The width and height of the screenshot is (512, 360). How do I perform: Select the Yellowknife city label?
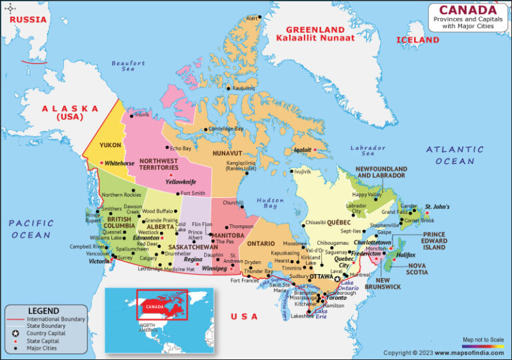(x=181, y=181)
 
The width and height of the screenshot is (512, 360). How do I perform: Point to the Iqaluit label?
(x=302, y=150)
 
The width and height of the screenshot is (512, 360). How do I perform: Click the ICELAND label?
(x=418, y=40)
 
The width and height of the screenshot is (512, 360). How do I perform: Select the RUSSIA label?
(x=27, y=19)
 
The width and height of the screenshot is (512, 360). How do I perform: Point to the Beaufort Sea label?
(x=129, y=66)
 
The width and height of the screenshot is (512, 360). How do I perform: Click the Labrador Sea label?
(x=368, y=151)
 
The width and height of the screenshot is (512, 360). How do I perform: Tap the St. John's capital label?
(x=437, y=207)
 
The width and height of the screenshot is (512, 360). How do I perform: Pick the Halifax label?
(x=406, y=255)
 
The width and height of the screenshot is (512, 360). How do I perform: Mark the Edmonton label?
(x=146, y=238)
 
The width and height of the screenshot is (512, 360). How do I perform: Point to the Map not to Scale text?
(x=483, y=339)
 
